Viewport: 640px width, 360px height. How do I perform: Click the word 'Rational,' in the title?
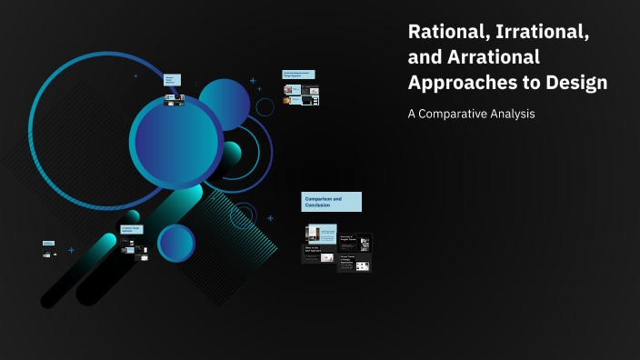(x=445, y=33)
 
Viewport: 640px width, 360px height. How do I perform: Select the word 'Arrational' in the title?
(x=491, y=57)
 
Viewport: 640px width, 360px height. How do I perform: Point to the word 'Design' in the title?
(x=572, y=82)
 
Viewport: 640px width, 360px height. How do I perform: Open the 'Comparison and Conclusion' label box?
(x=331, y=202)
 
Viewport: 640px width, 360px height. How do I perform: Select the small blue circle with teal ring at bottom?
(x=176, y=243)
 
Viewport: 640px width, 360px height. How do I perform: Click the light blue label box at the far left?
(x=48, y=244)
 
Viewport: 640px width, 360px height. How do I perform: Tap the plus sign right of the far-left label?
(x=71, y=249)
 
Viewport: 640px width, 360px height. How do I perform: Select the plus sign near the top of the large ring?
(x=135, y=75)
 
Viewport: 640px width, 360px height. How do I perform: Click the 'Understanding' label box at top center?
(x=299, y=74)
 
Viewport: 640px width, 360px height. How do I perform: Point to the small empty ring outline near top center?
(x=265, y=107)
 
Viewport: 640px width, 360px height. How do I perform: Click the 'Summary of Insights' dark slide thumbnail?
(x=355, y=243)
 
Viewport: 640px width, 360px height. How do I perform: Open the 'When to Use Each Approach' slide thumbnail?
(x=319, y=255)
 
